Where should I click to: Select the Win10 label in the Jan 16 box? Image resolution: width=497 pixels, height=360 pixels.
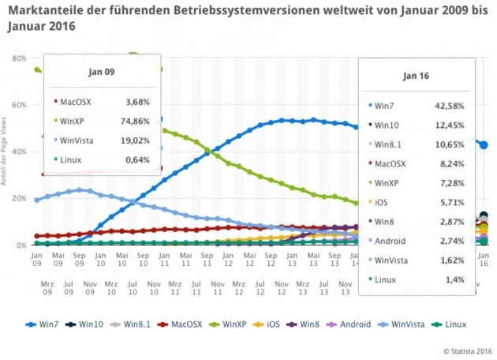[x=387, y=125]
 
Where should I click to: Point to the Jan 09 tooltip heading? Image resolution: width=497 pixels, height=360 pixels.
[x=102, y=72]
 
